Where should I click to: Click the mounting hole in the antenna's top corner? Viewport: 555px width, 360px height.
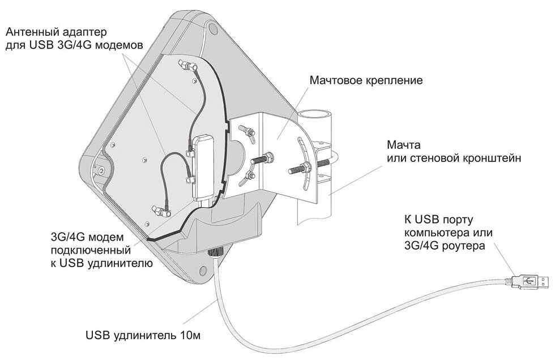tap(212, 27)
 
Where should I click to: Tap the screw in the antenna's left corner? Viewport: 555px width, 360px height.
tap(100, 168)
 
